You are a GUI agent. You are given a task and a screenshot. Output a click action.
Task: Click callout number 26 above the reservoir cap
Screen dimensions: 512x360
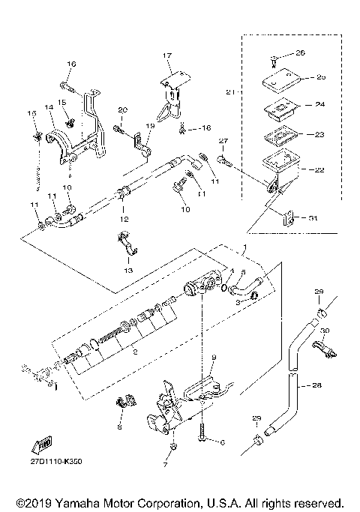click(x=301, y=52)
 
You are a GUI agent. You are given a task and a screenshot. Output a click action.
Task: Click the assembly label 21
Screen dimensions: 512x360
click(x=230, y=91)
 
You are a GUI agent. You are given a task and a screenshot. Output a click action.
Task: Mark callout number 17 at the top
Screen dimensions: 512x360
click(x=167, y=55)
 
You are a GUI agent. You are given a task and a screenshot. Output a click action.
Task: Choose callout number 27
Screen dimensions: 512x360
click(x=222, y=140)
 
